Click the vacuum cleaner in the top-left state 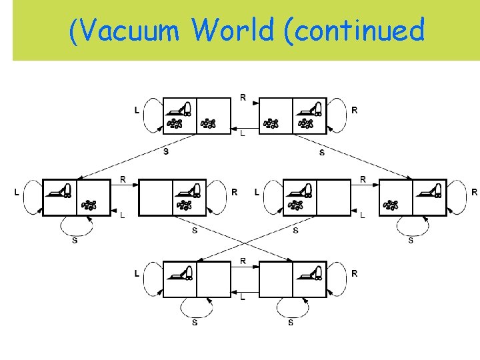click(179, 108)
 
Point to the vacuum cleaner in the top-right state click(310, 108)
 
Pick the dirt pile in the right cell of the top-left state click(209, 123)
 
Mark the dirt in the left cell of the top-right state click(271, 123)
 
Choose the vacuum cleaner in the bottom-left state click(179, 271)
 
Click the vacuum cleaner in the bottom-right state click(310, 271)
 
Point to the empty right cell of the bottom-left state click(214, 278)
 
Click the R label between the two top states click(243, 97)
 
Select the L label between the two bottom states click(243, 297)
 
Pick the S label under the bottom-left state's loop click(195, 323)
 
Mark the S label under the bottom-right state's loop click(291, 323)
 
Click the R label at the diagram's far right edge click(474, 192)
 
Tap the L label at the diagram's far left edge click(17, 192)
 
